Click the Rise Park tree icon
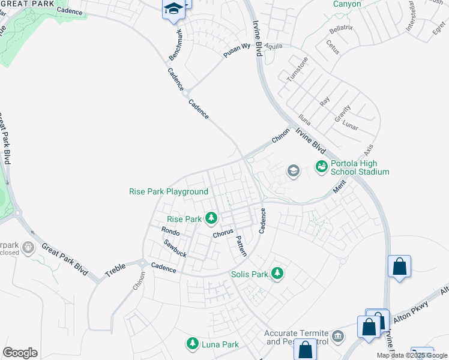click(x=211, y=218)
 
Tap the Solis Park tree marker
click(x=277, y=274)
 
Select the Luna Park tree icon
click(x=193, y=344)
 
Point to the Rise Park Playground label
click(x=169, y=192)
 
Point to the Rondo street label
click(x=171, y=231)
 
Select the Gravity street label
click(x=343, y=115)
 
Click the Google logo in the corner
click(x=20, y=353)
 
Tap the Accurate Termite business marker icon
click(x=337, y=335)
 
